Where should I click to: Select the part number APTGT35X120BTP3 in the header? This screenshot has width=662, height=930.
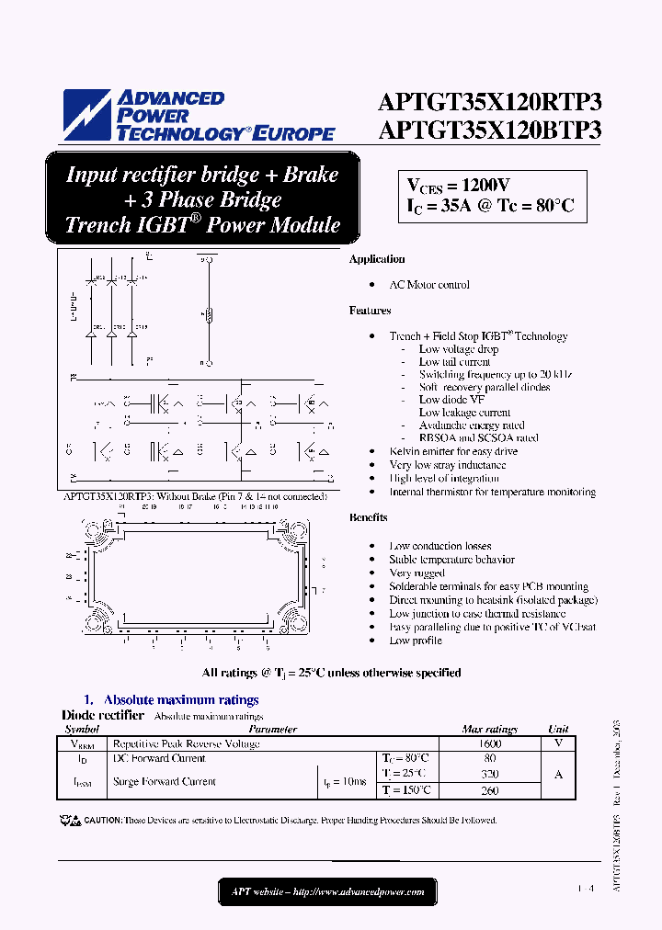489,130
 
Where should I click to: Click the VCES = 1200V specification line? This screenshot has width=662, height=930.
458,184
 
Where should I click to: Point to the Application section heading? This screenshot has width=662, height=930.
376,259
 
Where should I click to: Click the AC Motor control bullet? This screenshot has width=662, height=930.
429,285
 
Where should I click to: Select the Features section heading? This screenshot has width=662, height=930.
370,311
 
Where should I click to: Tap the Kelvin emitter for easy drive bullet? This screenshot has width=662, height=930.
453,452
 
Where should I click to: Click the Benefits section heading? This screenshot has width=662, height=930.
368,517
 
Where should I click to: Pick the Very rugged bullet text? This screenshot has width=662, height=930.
417,573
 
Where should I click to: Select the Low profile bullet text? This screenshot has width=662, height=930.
416,641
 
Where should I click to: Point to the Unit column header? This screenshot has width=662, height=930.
558,729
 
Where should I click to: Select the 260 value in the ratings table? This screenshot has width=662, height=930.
489,790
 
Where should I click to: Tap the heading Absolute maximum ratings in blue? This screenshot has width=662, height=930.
181,700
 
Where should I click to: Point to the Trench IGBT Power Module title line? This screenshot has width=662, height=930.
202,225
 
